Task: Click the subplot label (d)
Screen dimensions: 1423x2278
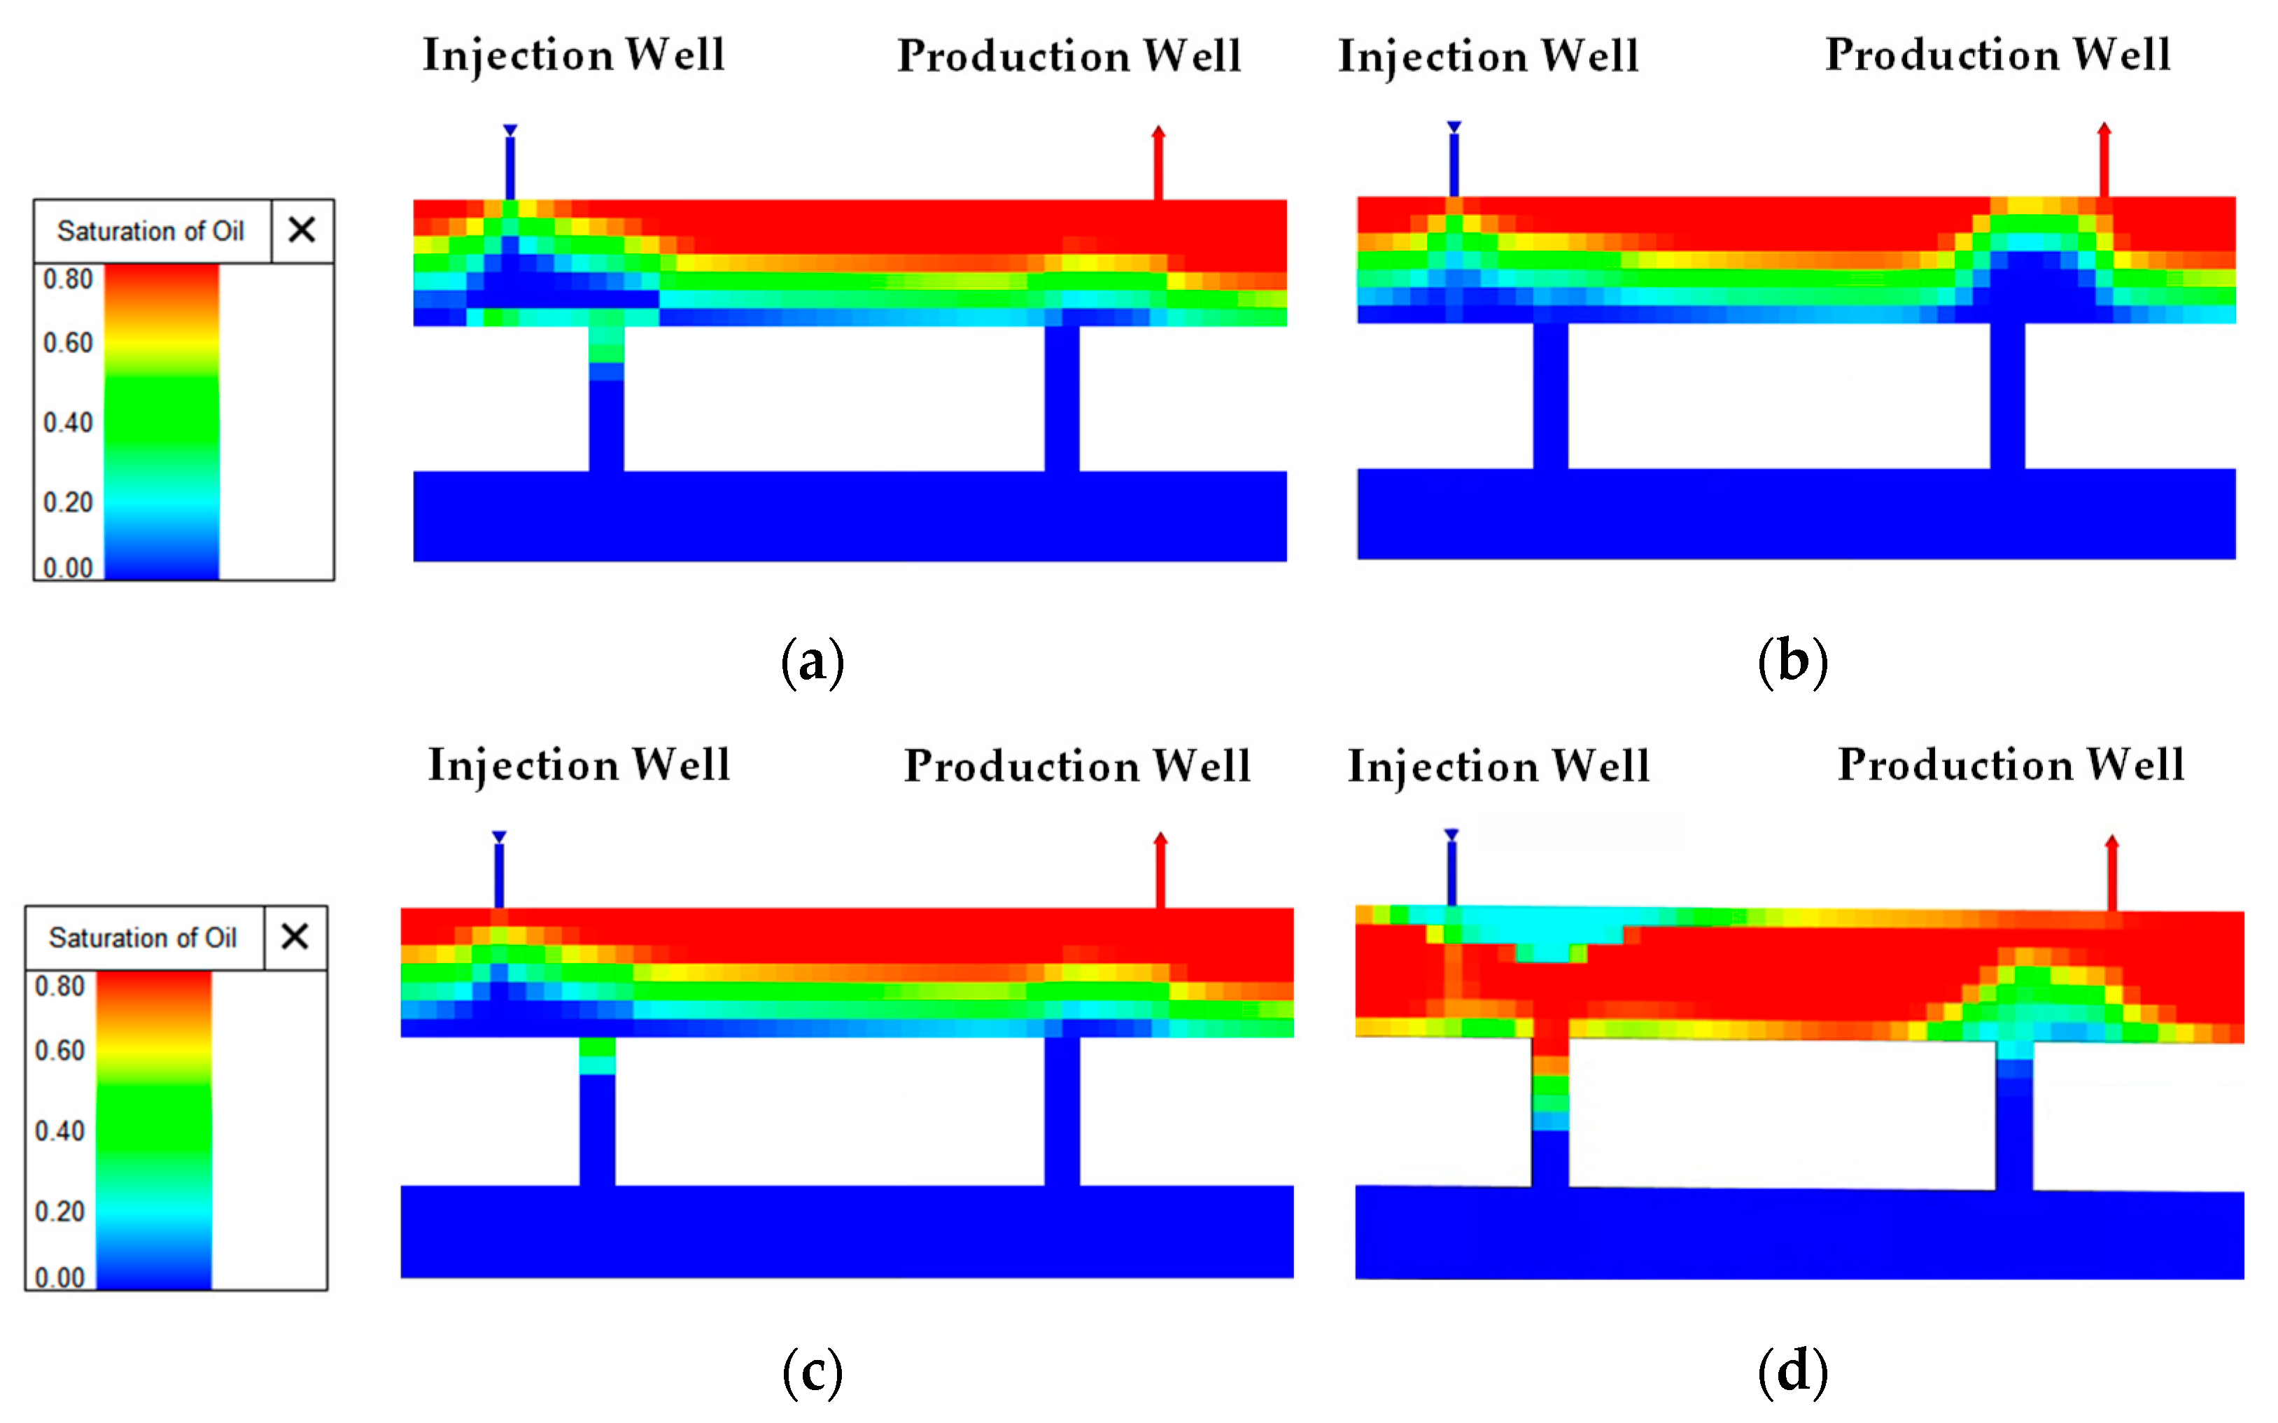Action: click(x=1792, y=1371)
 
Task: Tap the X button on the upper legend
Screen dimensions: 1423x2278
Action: click(x=301, y=230)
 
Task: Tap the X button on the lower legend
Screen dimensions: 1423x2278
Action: click(x=295, y=937)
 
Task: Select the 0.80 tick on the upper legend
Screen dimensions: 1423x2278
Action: click(x=68, y=279)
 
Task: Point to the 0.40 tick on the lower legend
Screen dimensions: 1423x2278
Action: click(x=59, y=1130)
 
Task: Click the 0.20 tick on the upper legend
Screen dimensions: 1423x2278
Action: click(x=68, y=502)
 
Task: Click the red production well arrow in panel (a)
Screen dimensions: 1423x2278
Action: click(x=1158, y=162)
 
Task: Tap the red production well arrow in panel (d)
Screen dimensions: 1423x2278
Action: click(x=2111, y=871)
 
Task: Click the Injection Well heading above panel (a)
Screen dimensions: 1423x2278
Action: click(x=573, y=55)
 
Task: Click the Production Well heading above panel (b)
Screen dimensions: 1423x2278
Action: click(x=1997, y=55)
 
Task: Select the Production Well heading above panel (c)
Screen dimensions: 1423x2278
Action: click(x=1077, y=765)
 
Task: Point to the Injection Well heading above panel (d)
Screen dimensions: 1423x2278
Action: click(x=1498, y=765)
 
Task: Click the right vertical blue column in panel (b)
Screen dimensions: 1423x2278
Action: click(x=2007, y=395)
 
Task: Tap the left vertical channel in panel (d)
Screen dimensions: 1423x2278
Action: click(x=1549, y=1111)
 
